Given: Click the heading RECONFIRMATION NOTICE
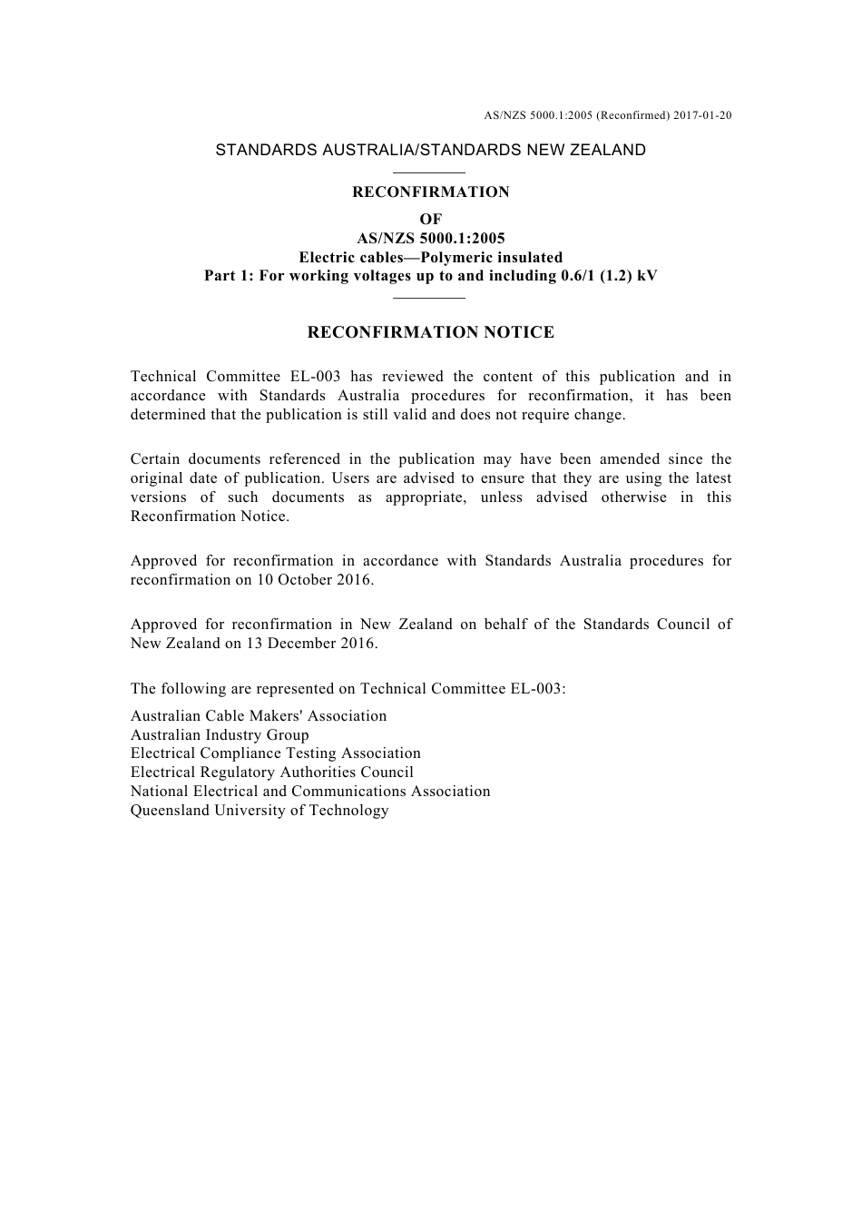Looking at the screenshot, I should pyautogui.click(x=431, y=332).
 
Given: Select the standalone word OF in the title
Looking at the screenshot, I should pyautogui.click(x=431, y=219).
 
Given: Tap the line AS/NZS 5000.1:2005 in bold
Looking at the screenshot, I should pyautogui.click(x=431, y=239).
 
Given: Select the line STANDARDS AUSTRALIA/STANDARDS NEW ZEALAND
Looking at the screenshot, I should pyautogui.click(x=431, y=150).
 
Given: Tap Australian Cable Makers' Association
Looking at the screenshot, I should pyautogui.click(x=259, y=715).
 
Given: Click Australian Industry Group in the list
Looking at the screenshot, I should pyautogui.click(x=220, y=734).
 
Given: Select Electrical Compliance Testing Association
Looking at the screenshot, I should pyautogui.click(x=276, y=753).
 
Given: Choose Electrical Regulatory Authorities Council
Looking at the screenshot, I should pyautogui.click(x=272, y=772).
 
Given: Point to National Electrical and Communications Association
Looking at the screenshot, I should pyautogui.click(x=310, y=791).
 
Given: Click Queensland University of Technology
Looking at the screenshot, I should pyautogui.click(x=260, y=810).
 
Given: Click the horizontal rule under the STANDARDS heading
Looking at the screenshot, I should pyautogui.click(x=431, y=172).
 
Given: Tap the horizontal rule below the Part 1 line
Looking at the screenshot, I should pyautogui.click(x=431, y=297).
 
